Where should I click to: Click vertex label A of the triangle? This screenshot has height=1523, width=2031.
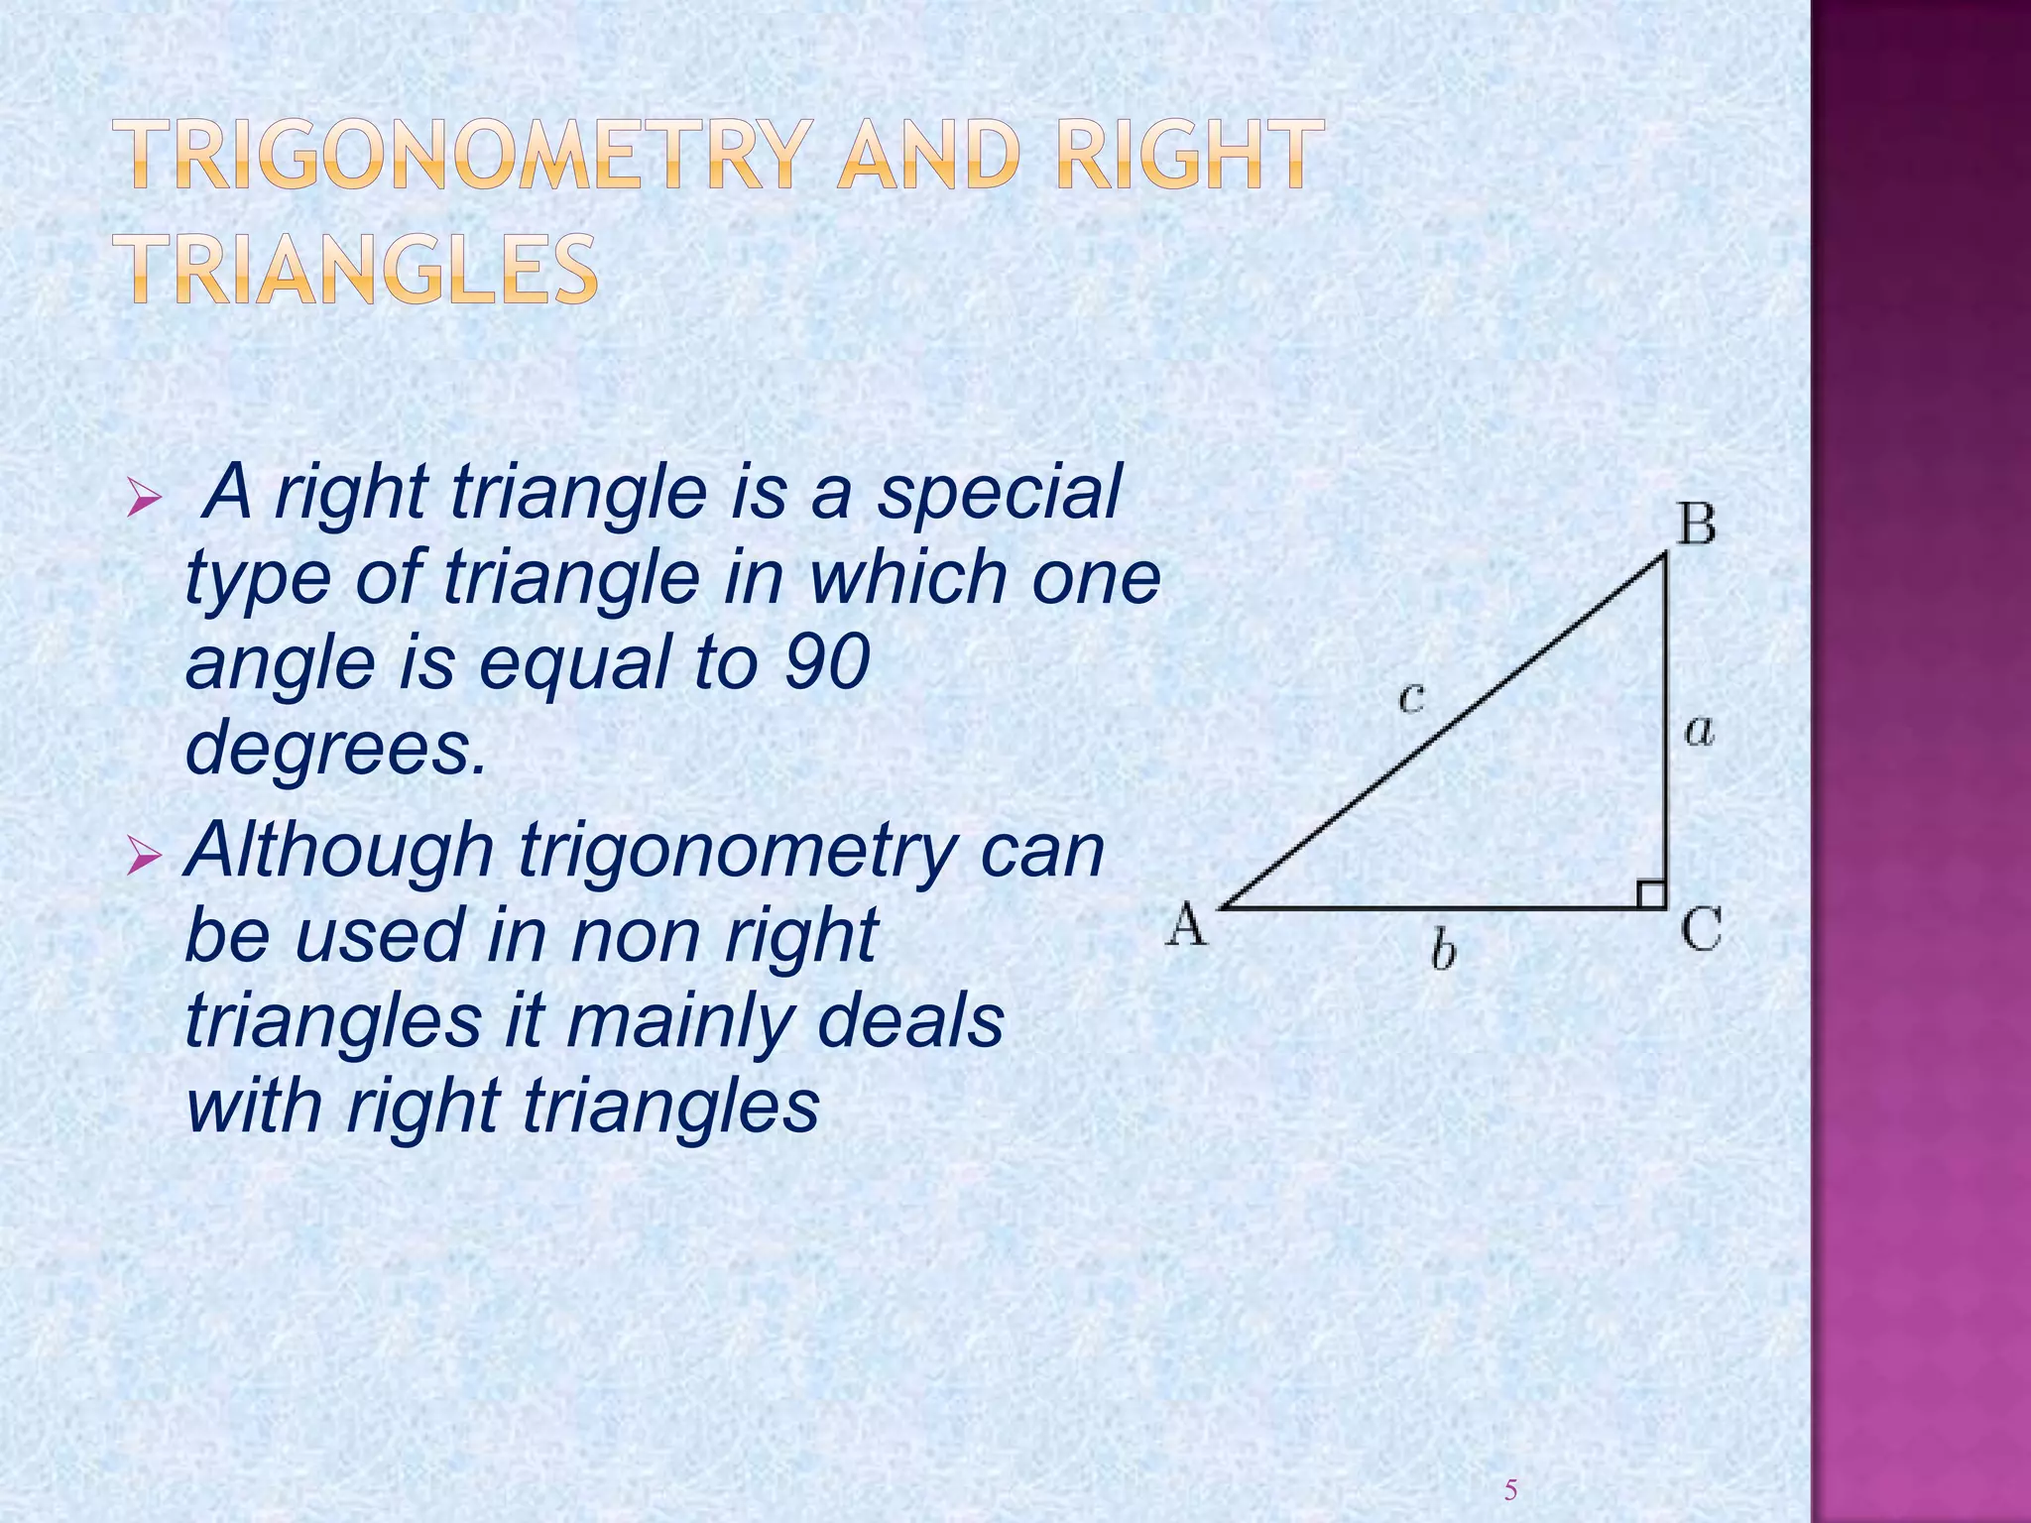click(x=1187, y=926)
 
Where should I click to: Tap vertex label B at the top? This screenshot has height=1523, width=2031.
click(x=1696, y=524)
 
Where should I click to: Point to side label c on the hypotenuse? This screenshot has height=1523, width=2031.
click(x=1411, y=697)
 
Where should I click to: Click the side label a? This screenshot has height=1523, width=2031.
click(x=1700, y=733)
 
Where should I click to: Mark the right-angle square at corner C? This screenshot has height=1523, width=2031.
click(x=1651, y=893)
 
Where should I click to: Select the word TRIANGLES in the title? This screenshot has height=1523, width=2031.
click(x=362, y=269)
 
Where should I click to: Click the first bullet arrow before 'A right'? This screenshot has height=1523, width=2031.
click(x=145, y=496)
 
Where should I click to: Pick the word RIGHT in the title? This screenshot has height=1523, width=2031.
click(x=1189, y=155)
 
